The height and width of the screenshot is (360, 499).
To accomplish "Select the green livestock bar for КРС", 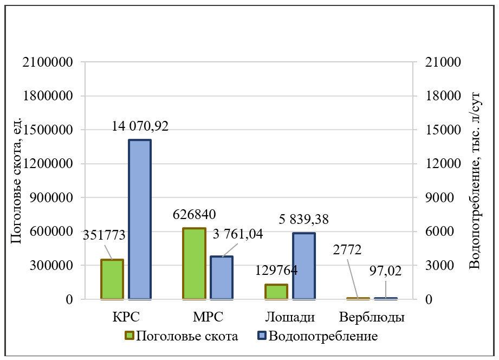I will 112,279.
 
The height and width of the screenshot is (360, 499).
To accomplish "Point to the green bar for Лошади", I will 276,292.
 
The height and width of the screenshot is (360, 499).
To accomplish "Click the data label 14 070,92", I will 140,126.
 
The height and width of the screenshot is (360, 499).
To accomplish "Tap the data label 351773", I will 105,235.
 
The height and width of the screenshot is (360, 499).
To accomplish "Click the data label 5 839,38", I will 304,220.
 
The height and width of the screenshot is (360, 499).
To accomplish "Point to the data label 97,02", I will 385,271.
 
